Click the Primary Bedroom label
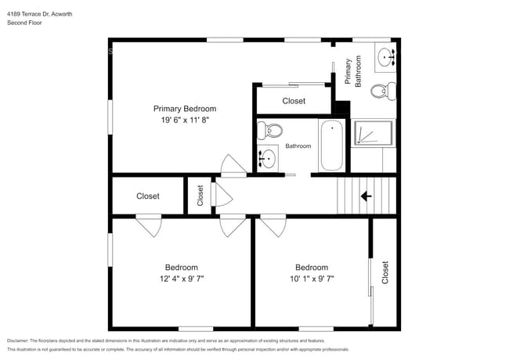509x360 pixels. click(x=185, y=109)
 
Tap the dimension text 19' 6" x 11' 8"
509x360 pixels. click(x=185, y=120)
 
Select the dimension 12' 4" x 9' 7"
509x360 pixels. click(x=181, y=278)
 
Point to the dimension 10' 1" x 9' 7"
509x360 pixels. click(x=311, y=278)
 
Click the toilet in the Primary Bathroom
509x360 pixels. click(x=381, y=91)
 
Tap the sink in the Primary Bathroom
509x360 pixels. click(x=385, y=56)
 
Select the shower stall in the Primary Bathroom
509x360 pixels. click(x=371, y=134)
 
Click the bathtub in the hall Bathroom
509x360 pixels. click(x=332, y=146)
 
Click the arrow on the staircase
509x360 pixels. click(x=366, y=196)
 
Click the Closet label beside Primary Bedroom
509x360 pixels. click(x=294, y=101)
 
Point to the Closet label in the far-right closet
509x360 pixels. click(x=384, y=272)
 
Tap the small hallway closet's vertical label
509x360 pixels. click(x=200, y=195)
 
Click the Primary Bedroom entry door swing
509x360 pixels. click(x=233, y=164)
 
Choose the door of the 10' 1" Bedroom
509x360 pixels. click(x=273, y=226)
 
